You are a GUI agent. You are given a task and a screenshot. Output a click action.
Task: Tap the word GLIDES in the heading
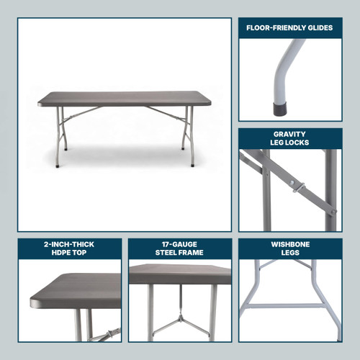[319, 28]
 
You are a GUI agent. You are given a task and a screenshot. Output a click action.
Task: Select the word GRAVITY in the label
[289, 134]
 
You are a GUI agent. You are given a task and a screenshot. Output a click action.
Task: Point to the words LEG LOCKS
[289, 143]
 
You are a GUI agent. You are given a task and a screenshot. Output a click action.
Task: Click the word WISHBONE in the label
[290, 244]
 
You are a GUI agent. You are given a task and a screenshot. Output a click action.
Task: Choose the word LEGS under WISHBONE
[290, 253]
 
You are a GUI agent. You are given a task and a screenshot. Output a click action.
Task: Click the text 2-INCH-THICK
[70, 244]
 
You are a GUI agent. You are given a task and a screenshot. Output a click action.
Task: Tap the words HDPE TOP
[70, 253]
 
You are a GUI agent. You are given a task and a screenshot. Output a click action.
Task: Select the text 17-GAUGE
[179, 244]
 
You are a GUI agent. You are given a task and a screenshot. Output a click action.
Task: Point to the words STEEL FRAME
[179, 253]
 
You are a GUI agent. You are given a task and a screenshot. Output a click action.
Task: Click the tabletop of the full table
[122, 99]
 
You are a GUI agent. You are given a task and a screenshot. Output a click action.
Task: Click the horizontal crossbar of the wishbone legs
[288, 305]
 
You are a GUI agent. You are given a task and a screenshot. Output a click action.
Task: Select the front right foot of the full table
[193, 165]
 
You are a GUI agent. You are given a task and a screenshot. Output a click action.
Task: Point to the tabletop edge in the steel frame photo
[180, 279]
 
